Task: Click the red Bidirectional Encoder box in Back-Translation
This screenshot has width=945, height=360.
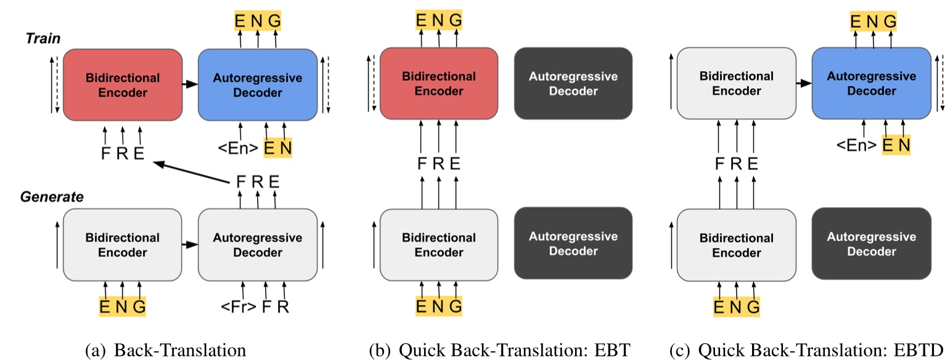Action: point(123,86)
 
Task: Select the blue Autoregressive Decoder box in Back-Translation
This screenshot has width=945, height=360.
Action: point(257,86)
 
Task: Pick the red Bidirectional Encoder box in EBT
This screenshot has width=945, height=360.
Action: point(438,84)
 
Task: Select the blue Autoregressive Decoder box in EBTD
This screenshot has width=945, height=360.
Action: point(870,84)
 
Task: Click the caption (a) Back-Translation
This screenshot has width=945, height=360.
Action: point(165,350)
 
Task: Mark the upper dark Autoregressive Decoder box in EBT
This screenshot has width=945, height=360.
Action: point(573,84)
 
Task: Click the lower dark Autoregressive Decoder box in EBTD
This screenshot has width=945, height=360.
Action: point(870,244)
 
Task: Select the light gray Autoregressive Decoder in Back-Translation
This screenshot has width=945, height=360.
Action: point(257,245)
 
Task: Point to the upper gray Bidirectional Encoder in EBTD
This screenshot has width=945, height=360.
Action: point(736,84)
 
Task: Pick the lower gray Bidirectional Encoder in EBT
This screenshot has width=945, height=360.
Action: point(438,245)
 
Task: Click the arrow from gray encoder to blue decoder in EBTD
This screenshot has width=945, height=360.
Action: point(803,83)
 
